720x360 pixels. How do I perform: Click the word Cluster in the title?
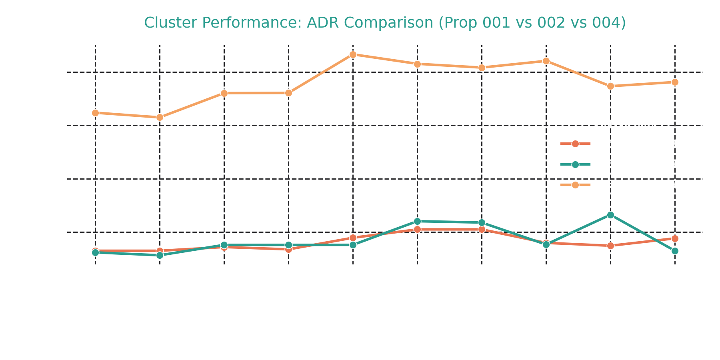pyautogui.click(x=166, y=23)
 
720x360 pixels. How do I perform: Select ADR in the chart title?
pyautogui.click(x=322, y=23)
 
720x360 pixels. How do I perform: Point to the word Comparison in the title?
pyautogui.click(x=388, y=23)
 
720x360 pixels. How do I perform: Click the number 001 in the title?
pyautogui.click(x=496, y=23)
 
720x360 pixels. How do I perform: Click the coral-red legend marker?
pyautogui.click(x=575, y=144)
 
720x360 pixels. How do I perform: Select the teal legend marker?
pyautogui.click(x=575, y=164)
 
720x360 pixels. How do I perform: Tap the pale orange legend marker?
pyautogui.click(x=575, y=184)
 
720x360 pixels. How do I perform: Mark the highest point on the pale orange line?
pyautogui.click(x=353, y=54)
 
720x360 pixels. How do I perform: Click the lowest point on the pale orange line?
pyautogui.click(x=160, y=117)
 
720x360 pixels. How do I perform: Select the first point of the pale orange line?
pyautogui.click(x=95, y=113)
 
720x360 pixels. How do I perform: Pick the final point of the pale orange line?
pyautogui.click(x=675, y=82)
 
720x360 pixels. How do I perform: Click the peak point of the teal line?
pyautogui.click(x=610, y=215)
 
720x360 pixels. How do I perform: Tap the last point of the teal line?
pyautogui.click(x=675, y=251)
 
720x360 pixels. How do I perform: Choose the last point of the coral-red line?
pyautogui.click(x=675, y=238)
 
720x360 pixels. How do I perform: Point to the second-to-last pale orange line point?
pyautogui.click(x=610, y=86)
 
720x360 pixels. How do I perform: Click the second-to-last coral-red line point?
pyautogui.click(x=610, y=245)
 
